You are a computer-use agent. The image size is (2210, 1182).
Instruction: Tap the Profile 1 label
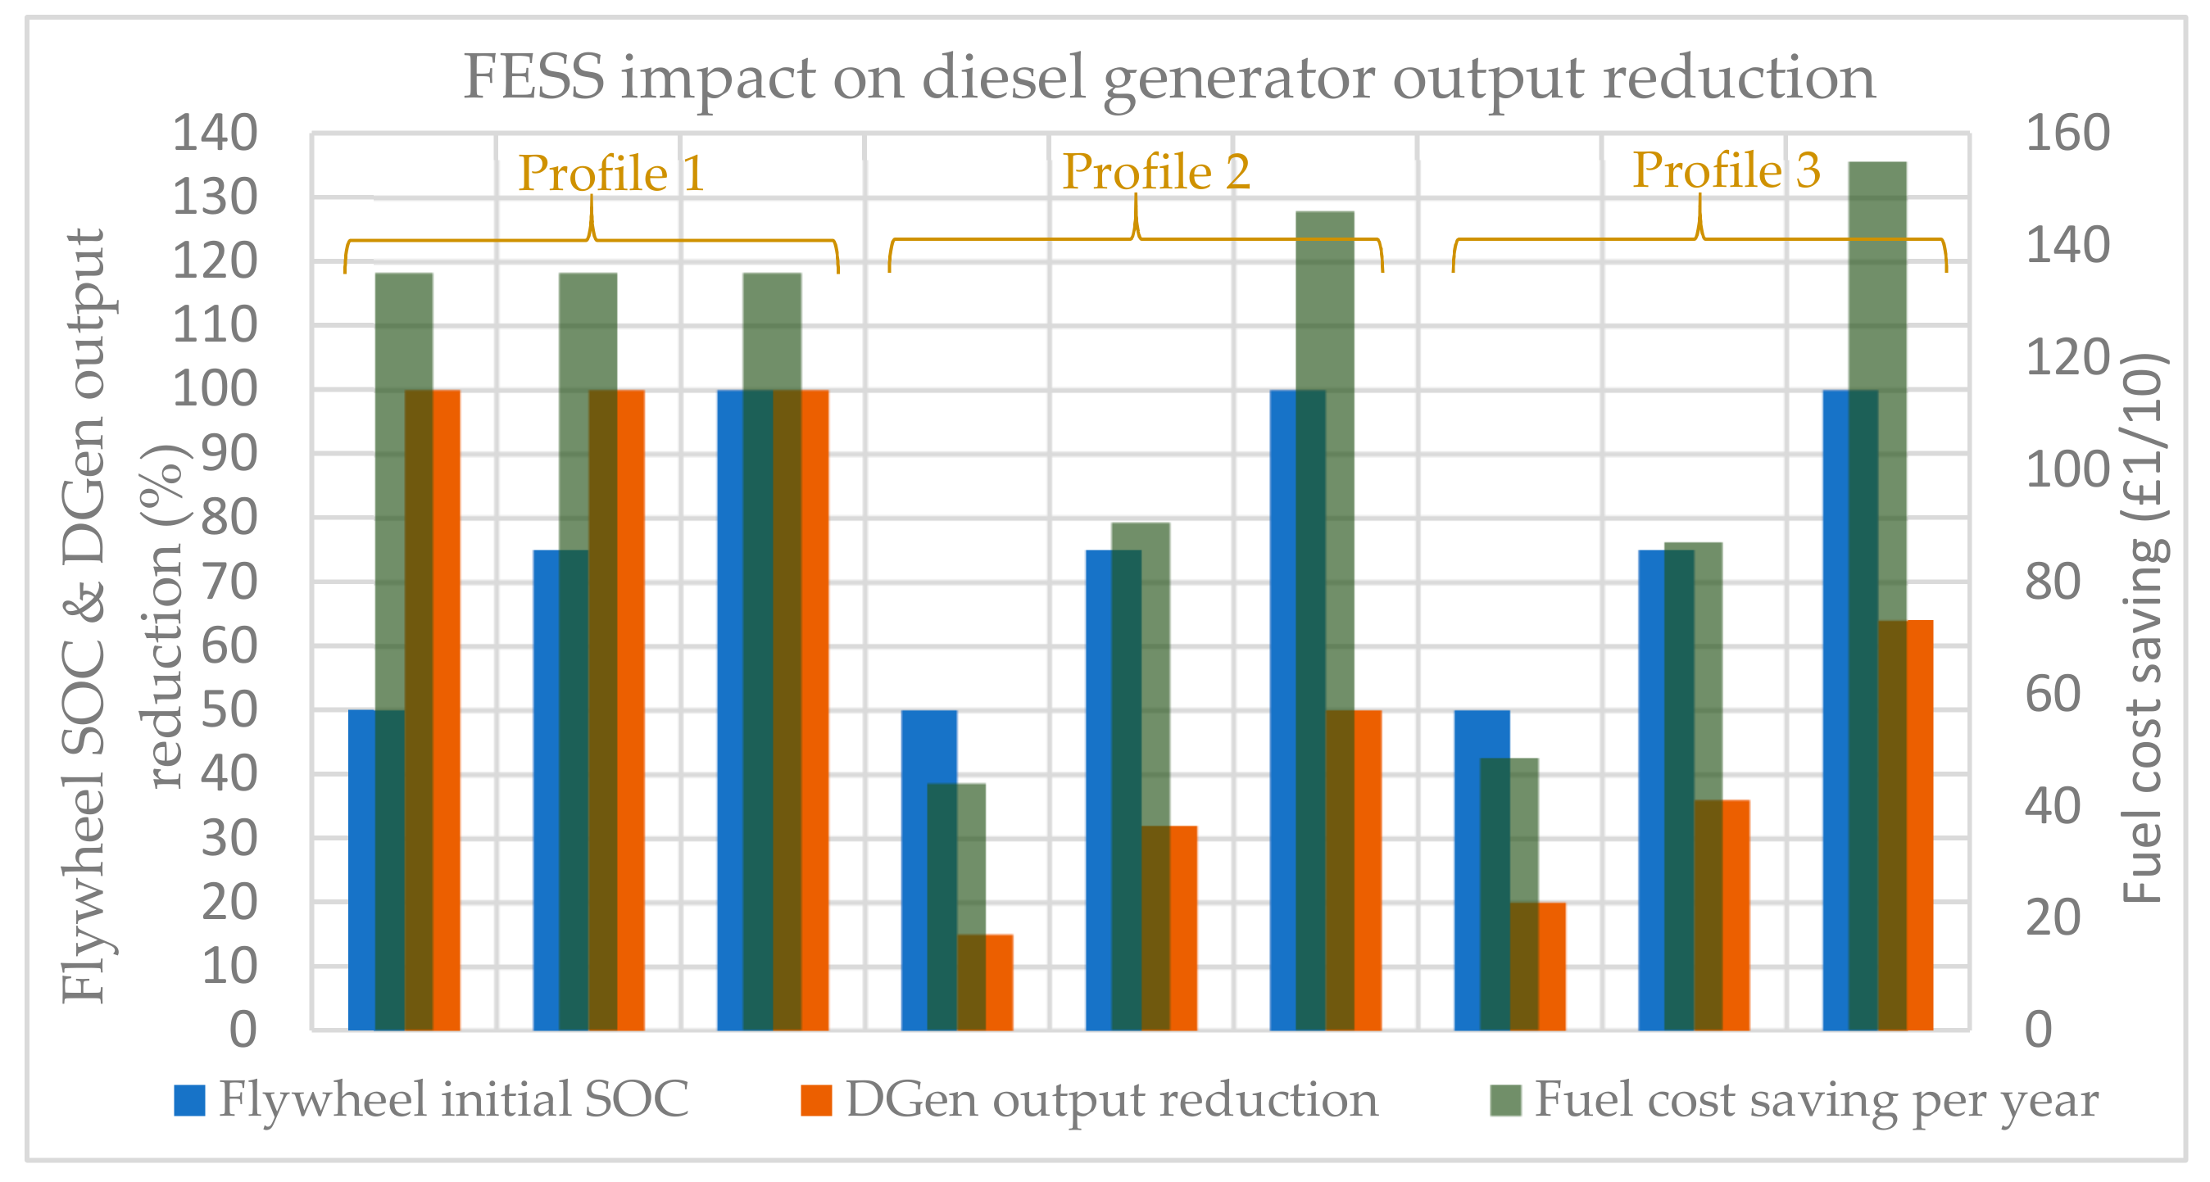[610, 174]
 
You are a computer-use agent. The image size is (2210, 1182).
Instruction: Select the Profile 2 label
[1155, 171]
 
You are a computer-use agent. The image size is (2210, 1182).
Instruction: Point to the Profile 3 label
[1725, 170]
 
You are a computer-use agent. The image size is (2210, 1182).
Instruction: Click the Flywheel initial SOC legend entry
[431, 1099]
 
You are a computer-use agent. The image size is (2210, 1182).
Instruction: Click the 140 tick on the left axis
[215, 134]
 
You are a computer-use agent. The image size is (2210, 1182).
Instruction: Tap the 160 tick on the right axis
[2067, 134]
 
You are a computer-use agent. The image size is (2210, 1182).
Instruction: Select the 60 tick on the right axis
[2052, 694]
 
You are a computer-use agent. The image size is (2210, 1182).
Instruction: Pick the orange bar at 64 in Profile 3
[1919, 823]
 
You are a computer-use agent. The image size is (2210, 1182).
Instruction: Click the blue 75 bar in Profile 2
[1098, 789]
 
